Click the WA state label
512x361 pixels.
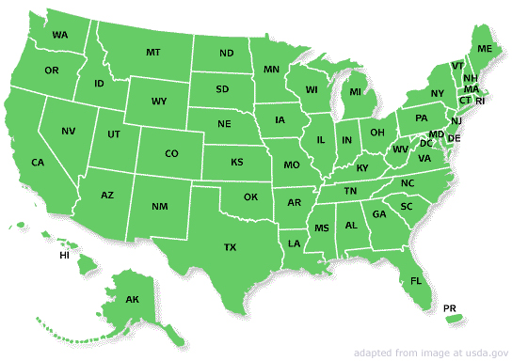pyautogui.click(x=60, y=35)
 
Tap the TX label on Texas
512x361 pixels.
pyautogui.click(x=230, y=247)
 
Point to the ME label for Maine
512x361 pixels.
pyautogui.click(x=485, y=48)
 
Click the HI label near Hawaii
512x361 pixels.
pyautogui.click(x=65, y=256)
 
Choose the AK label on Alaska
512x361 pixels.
pyautogui.click(x=133, y=300)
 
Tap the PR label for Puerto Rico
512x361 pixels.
pyautogui.click(x=450, y=307)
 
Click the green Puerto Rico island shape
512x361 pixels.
pyautogui.click(x=455, y=321)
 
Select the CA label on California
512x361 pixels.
pyautogui.click(x=38, y=163)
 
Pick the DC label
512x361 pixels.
pyautogui.click(x=425, y=144)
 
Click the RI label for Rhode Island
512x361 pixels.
pyautogui.click(x=479, y=101)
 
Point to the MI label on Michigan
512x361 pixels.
pyautogui.click(x=356, y=92)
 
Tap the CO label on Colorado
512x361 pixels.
pyautogui.click(x=171, y=153)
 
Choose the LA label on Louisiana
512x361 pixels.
pyautogui.click(x=295, y=243)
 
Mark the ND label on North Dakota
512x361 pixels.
pyautogui.click(x=227, y=54)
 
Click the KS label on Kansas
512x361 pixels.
pyautogui.click(x=237, y=162)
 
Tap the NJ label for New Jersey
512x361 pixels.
pyautogui.click(x=456, y=121)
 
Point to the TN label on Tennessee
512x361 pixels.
pyautogui.click(x=350, y=191)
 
